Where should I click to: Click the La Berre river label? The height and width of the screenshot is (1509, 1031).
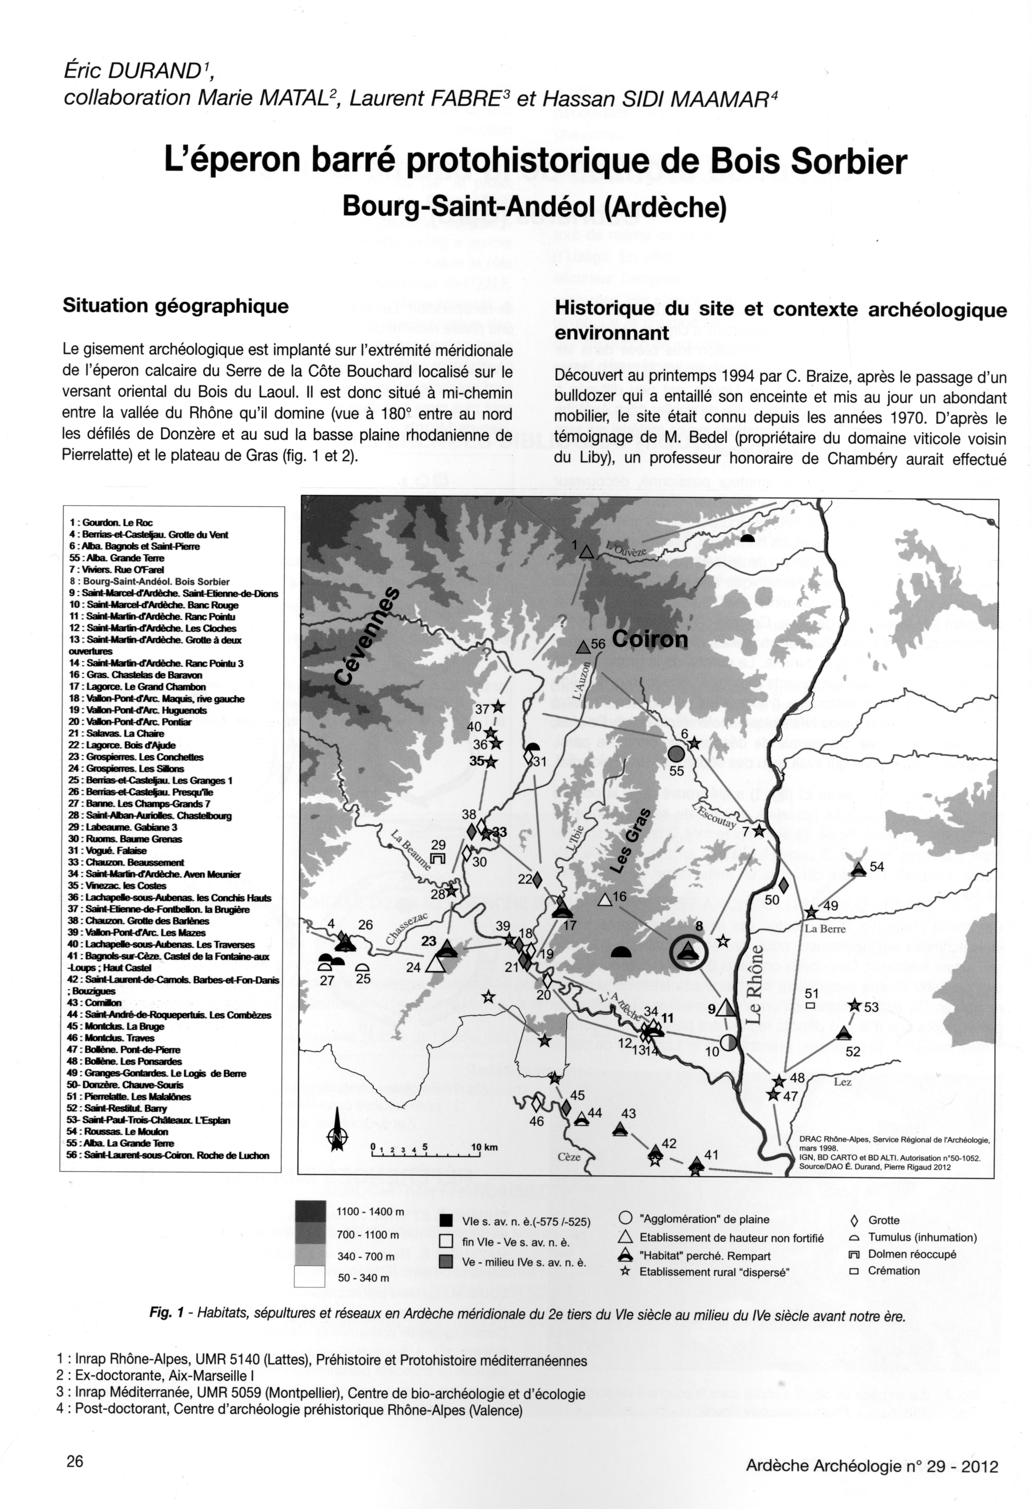[825, 929]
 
